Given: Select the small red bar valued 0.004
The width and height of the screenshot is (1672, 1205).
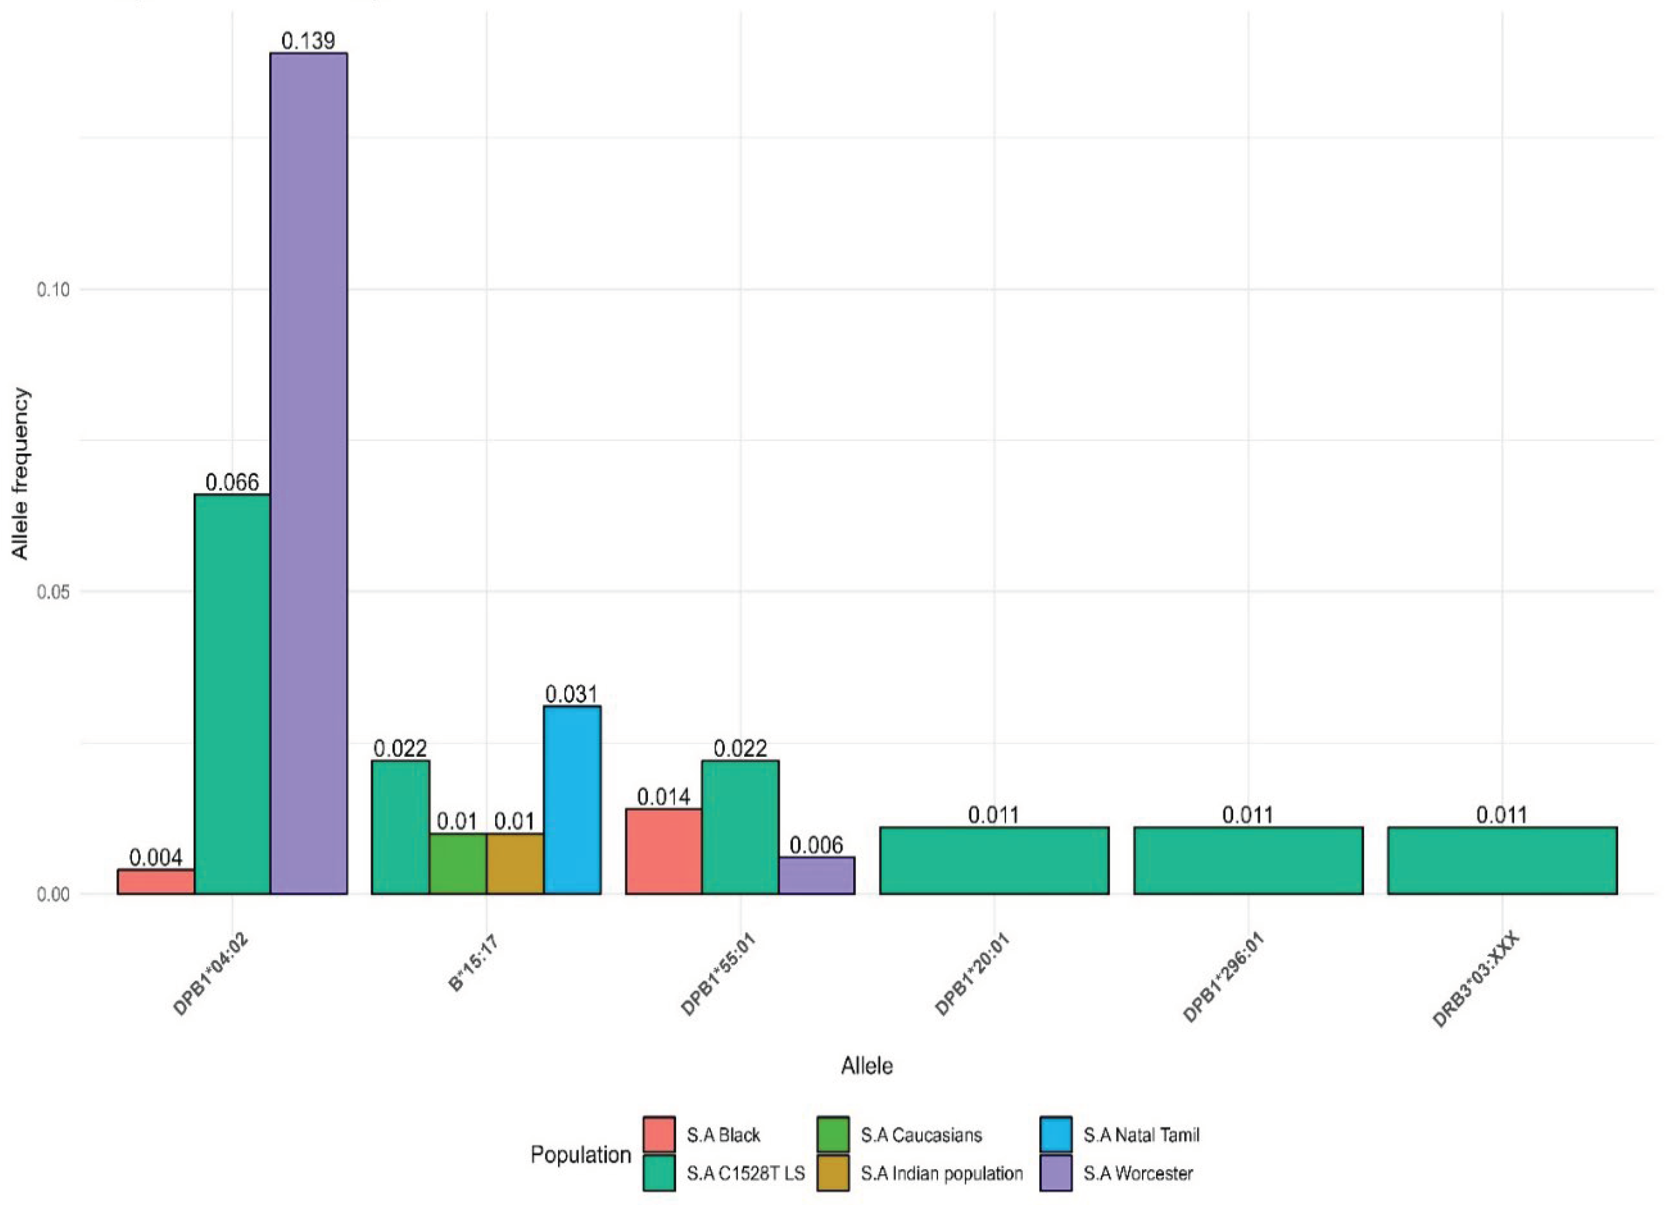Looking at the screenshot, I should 156,881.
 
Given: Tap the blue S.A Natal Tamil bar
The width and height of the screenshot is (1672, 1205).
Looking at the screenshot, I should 572,800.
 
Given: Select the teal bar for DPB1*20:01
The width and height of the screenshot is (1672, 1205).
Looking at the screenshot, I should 994,860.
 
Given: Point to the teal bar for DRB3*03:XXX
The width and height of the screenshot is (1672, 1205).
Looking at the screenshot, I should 1502,860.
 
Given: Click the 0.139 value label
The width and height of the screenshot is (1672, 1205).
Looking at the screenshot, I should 308,40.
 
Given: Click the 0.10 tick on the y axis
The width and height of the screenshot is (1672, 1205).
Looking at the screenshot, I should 53,290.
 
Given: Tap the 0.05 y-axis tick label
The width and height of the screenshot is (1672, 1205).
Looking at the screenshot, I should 53,592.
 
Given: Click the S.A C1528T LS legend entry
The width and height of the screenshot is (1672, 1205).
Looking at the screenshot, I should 745,1174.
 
